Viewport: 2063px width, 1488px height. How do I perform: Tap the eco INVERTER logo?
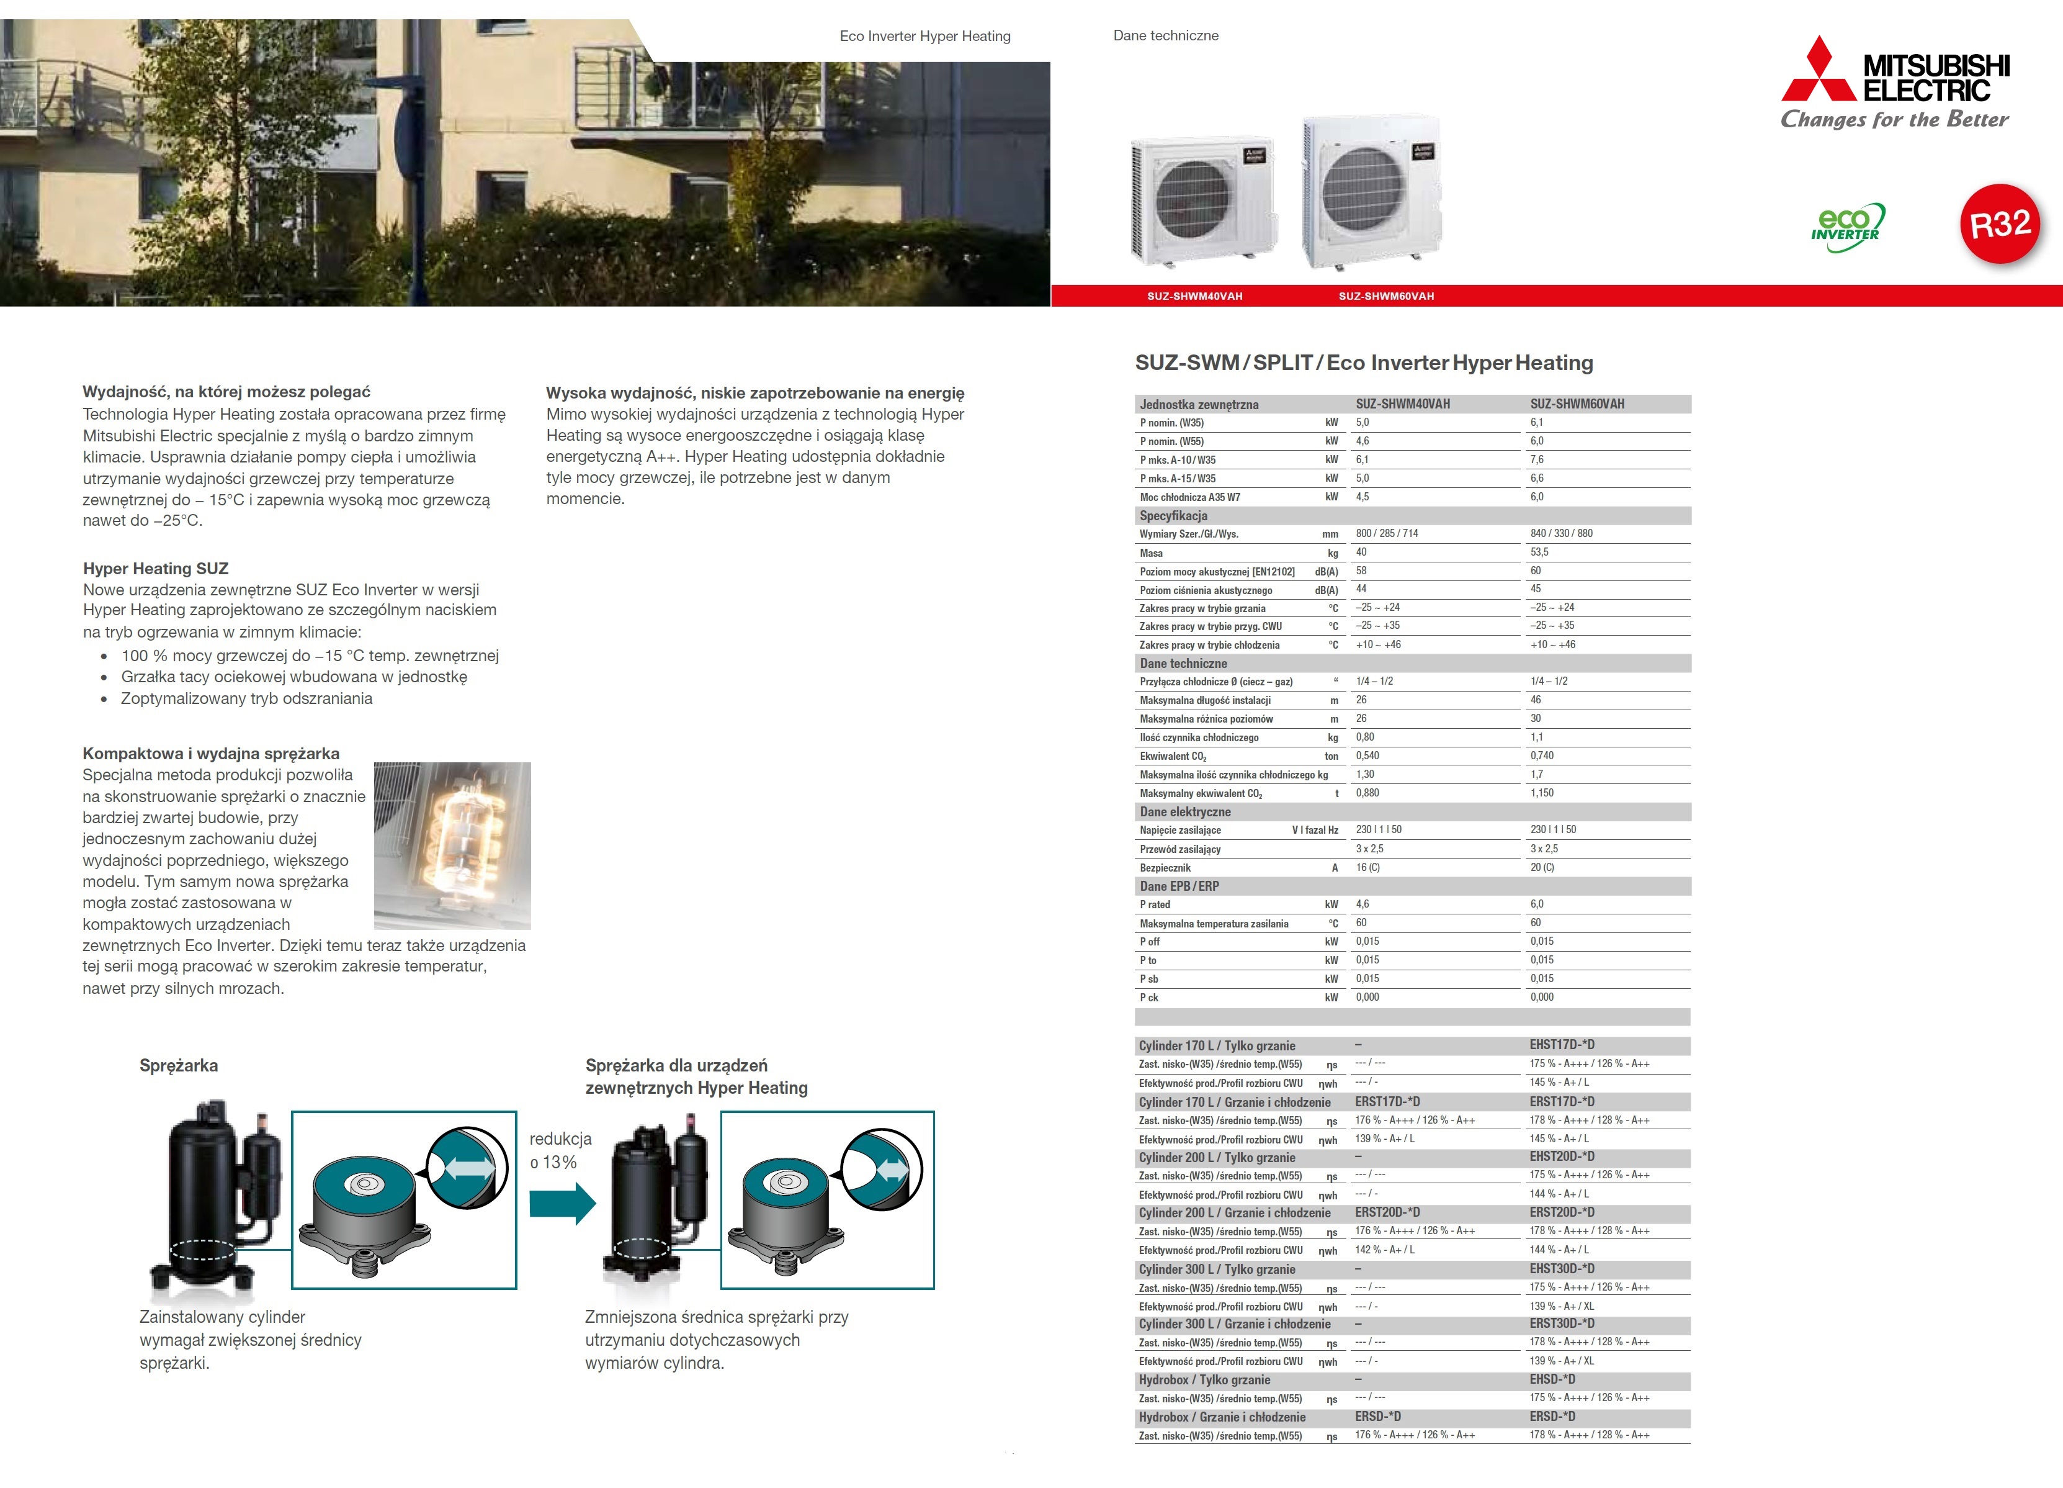1846,227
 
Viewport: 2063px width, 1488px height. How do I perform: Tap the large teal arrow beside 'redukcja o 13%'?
562,1203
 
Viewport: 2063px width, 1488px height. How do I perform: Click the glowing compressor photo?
452,844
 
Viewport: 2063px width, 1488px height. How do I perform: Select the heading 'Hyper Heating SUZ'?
156,569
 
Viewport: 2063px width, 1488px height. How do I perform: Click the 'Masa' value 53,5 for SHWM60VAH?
1539,552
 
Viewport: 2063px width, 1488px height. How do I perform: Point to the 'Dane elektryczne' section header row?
1185,812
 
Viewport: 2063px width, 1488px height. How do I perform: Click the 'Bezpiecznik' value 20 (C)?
1542,867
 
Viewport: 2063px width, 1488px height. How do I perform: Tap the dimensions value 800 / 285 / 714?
1386,533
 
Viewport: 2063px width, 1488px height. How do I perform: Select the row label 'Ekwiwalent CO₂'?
1173,756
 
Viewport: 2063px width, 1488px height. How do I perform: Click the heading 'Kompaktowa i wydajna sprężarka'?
211,754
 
